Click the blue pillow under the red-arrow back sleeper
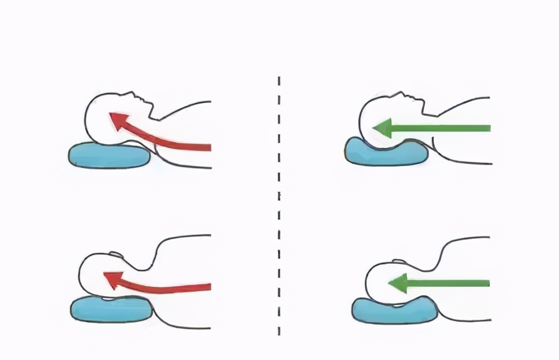[109, 156]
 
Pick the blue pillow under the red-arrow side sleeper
[112, 309]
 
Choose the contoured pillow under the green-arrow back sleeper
[386, 153]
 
